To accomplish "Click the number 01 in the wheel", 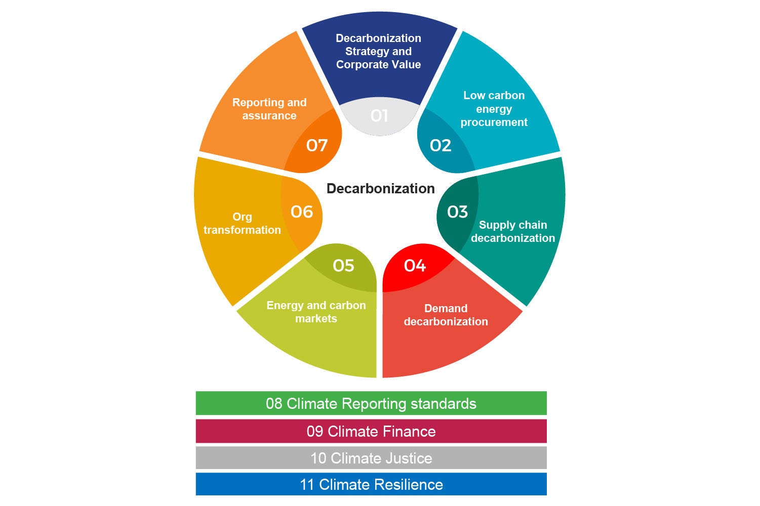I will [x=379, y=116].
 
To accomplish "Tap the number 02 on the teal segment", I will [x=440, y=146].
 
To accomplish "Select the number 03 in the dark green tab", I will [x=457, y=212].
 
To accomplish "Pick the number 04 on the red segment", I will [x=415, y=265].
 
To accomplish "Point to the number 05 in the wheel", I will [x=343, y=265].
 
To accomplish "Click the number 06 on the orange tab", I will [x=302, y=212].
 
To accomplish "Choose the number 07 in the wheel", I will [x=317, y=146].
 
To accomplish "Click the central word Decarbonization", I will [x=380, y=189].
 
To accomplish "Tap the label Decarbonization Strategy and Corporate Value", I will [x=378, y=51].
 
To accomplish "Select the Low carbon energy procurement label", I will [x=494, y=109].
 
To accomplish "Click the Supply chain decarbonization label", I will [x=513, y=231].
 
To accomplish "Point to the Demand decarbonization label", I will [x=446, y=315].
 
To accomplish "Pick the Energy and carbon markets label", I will [x=316, y=312].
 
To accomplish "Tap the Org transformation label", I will [x=242, y=223].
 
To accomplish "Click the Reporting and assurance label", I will [x=269, y=109].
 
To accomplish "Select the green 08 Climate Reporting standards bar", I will [x=371, y=403].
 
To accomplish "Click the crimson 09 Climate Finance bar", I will [x=371, y=431].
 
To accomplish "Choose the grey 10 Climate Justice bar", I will [x=371, y=458].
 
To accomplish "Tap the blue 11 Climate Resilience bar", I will [x=371, y=484].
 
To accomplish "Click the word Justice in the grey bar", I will [x=407, y=458].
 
